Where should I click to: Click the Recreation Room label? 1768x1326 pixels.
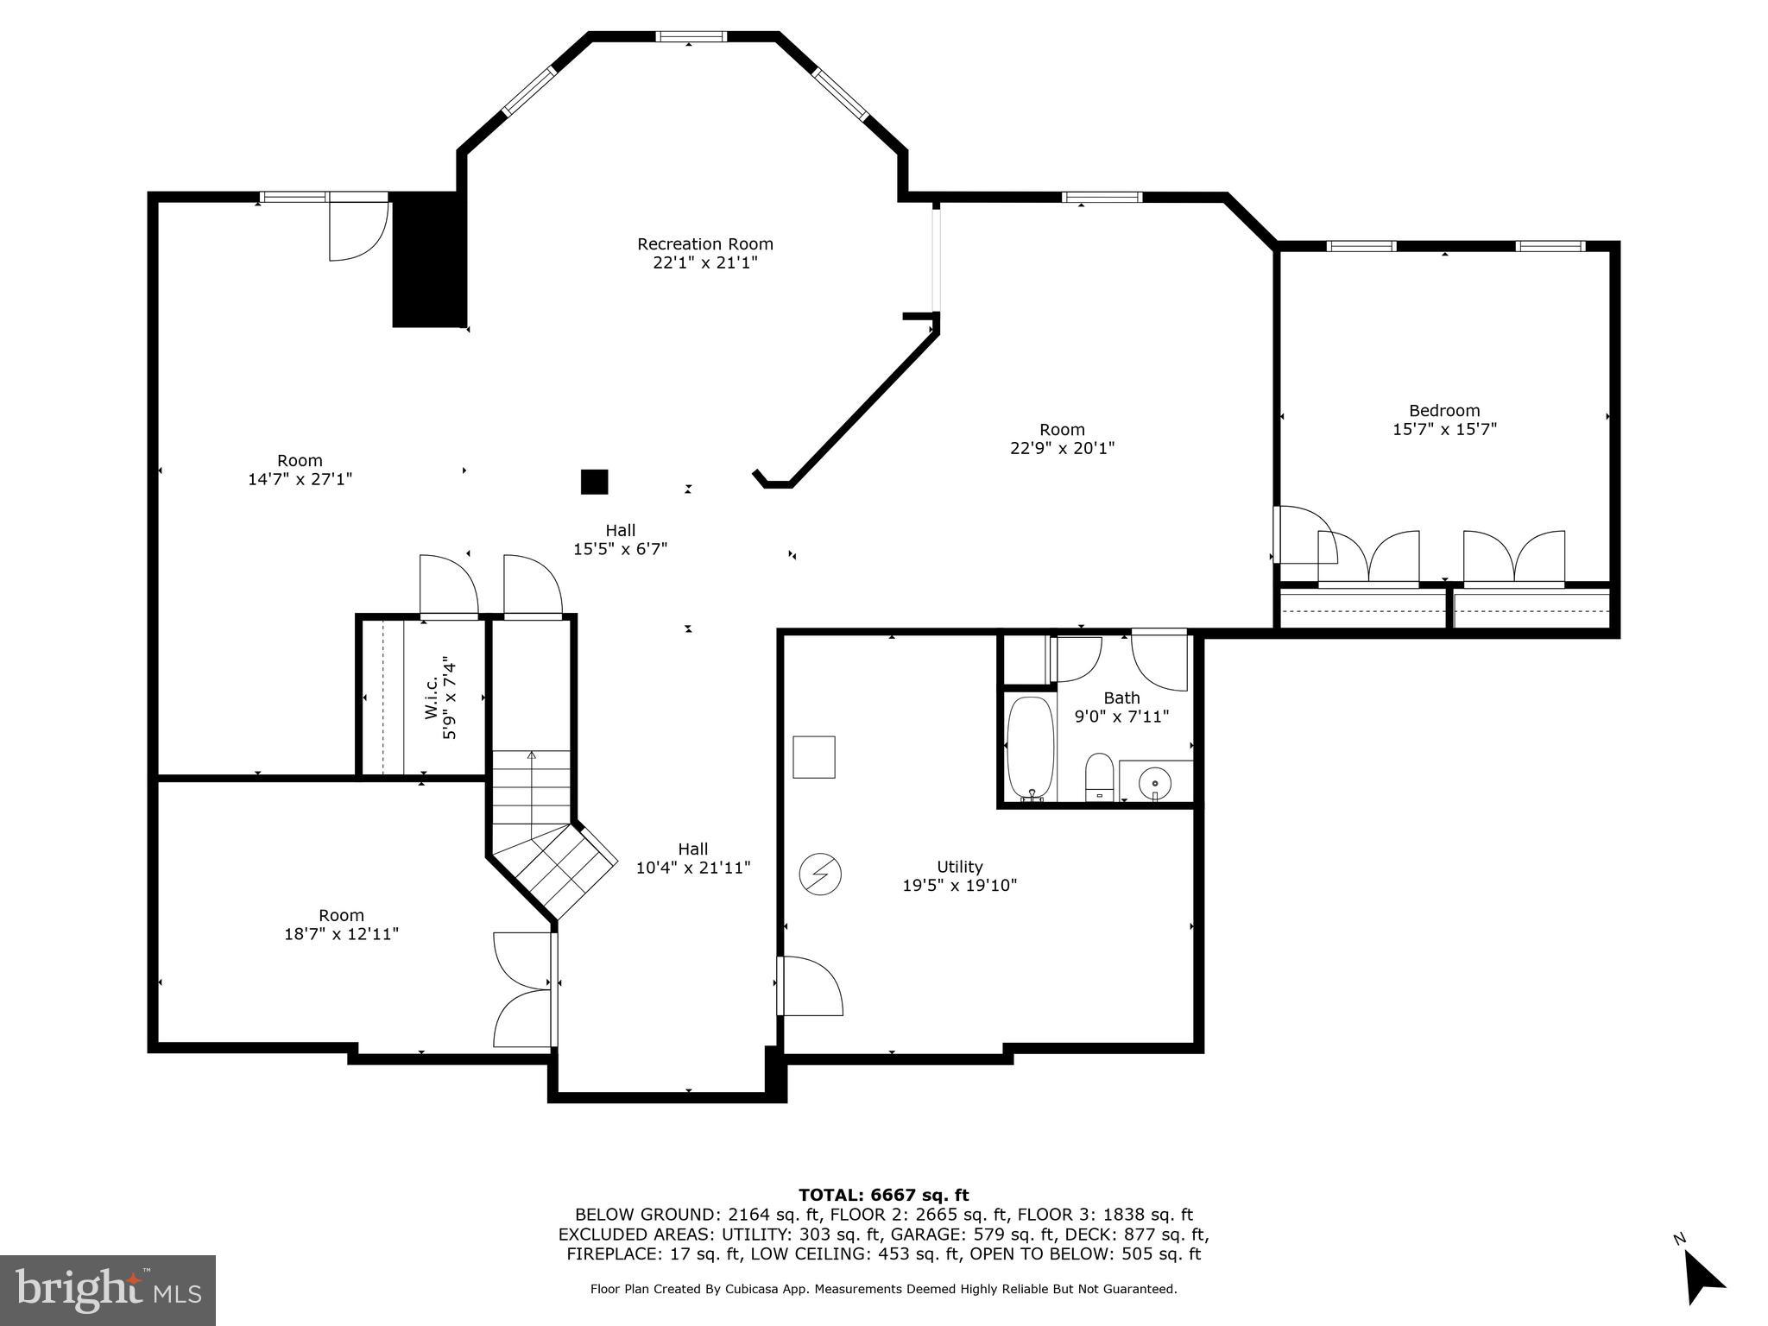tap(704, 254)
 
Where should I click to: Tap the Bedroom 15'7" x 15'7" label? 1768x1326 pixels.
tap(1444, 420)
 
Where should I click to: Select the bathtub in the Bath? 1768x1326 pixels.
tap(1030, 748)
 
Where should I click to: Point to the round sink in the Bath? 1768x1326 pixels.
tap(1154, 784)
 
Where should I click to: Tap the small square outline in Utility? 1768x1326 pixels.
tap(814, 757)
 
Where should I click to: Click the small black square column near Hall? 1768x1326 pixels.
tap(594, 482)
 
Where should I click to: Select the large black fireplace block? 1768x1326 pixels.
tap(429, 259)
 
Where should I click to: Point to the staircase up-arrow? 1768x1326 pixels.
tap(532, 756)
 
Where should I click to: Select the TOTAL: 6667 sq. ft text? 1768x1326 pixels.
tap(883, 1196)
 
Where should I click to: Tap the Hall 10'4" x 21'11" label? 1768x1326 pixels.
tap(692, 859)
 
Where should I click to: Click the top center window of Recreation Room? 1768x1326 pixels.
tap(690, 36)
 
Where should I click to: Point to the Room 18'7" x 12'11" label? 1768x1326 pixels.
tap(341, 925)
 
